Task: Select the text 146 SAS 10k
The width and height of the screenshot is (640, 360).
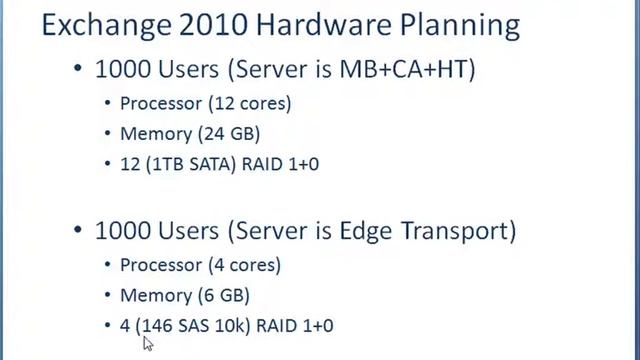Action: [191, 326]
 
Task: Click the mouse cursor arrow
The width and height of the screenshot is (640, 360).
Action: [148, 343]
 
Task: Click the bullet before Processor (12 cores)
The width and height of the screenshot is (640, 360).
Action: [109, 103]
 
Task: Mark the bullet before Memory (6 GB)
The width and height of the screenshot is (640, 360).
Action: [109, 295]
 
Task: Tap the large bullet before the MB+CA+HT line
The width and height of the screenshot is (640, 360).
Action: [77, 71]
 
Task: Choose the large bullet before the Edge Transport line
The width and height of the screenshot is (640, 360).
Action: [77, 232]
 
